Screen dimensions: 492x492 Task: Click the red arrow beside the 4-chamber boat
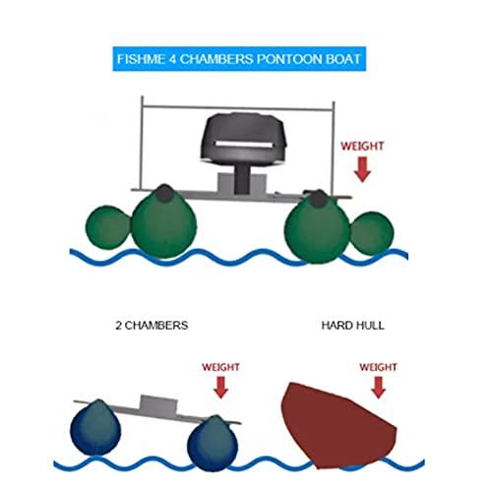[x=361, y=168]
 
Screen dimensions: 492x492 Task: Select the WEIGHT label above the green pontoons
[x=361, y=146]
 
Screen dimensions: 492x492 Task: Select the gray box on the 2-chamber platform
[x=156, y=404]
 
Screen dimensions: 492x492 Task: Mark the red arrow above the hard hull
[x=379, y=386]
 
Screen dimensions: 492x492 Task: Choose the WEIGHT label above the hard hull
[x=378, y=366]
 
